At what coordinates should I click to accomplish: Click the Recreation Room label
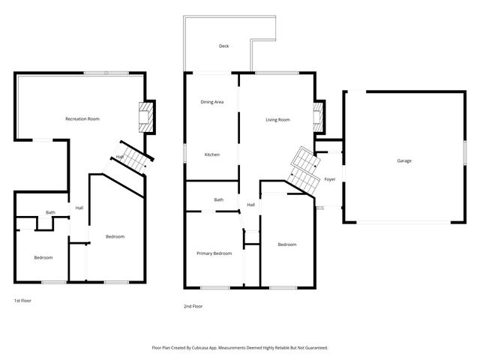coord(82,118)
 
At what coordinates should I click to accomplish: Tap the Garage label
coord(404,160)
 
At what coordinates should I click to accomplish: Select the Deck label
coord(223,46)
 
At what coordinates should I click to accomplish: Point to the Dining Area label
coord(212,102)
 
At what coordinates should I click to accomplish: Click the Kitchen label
coord(212,154)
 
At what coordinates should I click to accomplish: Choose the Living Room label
coord(277,120)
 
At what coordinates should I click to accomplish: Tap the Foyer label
coord(329,179)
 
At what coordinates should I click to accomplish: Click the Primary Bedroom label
coord(214,253)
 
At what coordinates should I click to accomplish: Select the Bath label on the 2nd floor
coord(219,199)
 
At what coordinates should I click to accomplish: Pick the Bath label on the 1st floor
coord(50,212)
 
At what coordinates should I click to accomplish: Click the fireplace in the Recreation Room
coord(145,118)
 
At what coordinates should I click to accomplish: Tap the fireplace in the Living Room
coord(317,117)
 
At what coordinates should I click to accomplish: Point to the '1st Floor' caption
coord(22,300)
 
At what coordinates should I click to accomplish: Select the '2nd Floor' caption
coord(193,306)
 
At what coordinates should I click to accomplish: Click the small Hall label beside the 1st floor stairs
coord(119,157)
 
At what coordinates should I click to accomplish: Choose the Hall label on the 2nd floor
coord(251,204)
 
